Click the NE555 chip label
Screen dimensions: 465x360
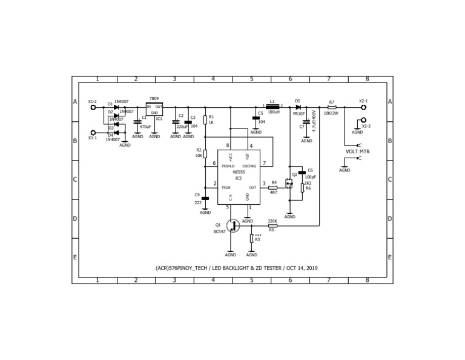pos(239,172)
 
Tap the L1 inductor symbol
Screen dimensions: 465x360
pos(272,107)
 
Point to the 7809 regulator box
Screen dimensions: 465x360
pos(154,109)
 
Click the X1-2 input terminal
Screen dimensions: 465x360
pos(93,107)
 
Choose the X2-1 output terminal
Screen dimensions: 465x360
pos(363,107)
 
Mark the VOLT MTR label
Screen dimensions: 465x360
pos(357,152)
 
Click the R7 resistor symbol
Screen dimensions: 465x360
pos(332,107)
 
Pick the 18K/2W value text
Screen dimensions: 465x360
pos(331,113)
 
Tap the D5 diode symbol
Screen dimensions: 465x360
pos(298,107)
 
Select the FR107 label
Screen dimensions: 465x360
pos(299,113)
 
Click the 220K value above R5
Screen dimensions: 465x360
pos(272,221)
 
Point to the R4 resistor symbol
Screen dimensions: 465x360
pos(273,188)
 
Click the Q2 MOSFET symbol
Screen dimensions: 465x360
pos(289,182)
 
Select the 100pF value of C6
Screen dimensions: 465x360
pos(310,177)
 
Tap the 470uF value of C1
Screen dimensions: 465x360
pos(145,127)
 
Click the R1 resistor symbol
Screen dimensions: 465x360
pos(205,119)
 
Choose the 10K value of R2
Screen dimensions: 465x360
pos(199,156)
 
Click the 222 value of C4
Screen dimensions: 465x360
pos(198,202)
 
